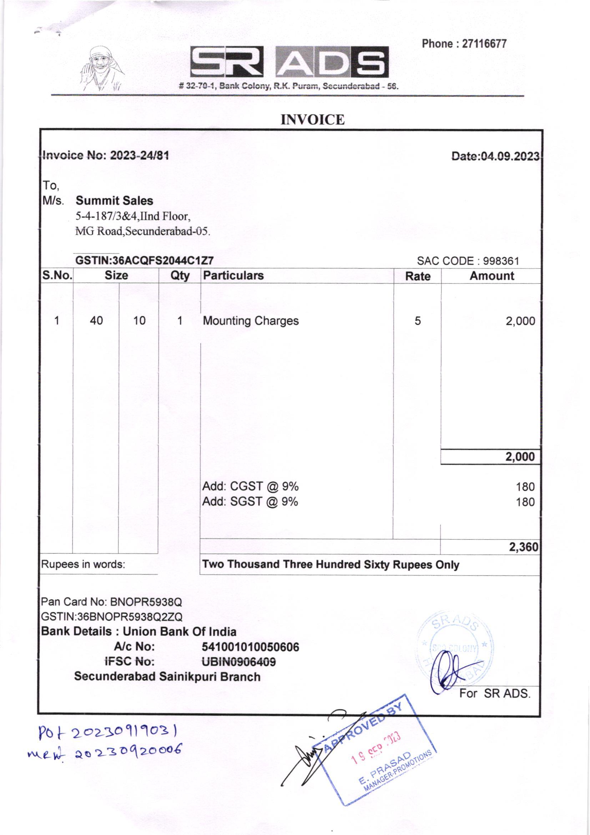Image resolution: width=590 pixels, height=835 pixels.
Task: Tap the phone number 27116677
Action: tap(484, 44)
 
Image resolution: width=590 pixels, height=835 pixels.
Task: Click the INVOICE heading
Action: tap(313, 120)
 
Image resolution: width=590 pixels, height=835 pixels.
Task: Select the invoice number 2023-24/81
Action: tap(140, 156)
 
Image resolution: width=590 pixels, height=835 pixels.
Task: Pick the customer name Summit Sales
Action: tap(115, 201)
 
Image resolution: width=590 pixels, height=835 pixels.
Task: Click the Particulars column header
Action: tap(233, 276)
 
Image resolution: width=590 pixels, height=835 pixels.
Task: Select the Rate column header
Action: tap(418, 276)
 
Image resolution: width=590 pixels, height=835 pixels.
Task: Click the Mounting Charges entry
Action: tap(251, 321)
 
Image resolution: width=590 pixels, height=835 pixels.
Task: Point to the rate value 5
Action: tap(418, 321)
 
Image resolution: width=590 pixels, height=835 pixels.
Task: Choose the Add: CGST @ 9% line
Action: tap(251, 486)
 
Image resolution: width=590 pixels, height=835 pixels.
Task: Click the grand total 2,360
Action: tap(523, 546)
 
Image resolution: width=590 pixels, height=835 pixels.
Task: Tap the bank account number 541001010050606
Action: tap(251, 647)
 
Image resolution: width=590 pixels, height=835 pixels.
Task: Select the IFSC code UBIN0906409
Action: tap(239, 661)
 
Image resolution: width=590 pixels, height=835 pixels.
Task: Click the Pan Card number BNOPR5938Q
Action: tap(146, 602)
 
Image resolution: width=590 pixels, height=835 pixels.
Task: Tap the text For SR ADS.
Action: tap(495, 694)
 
